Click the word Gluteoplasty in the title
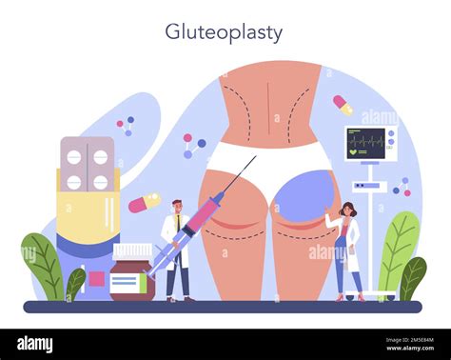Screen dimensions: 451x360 tap(224, 32)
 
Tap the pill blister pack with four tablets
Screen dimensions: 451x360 tap(86, 163)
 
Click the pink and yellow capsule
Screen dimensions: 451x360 tap(145, 202)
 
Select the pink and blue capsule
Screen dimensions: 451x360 tap(343, 105)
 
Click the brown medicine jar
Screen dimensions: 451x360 tap(132, 276)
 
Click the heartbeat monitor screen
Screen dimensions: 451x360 tap(370, 144)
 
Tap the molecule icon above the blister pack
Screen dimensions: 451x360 tap(125, 125)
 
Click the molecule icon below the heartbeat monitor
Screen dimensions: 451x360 tap(403, 187)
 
